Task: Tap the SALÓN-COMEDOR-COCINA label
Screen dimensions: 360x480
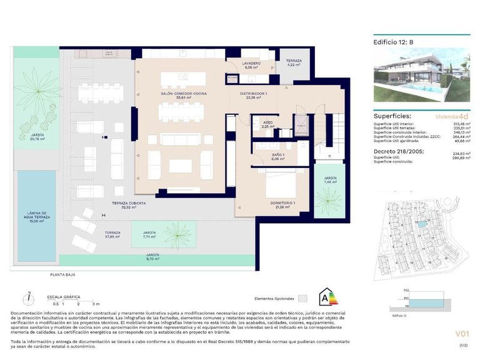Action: tap(183, 95)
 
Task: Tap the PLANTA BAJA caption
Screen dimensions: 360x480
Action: tap(64, 274)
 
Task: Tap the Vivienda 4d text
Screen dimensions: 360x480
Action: tap(451, 116)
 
